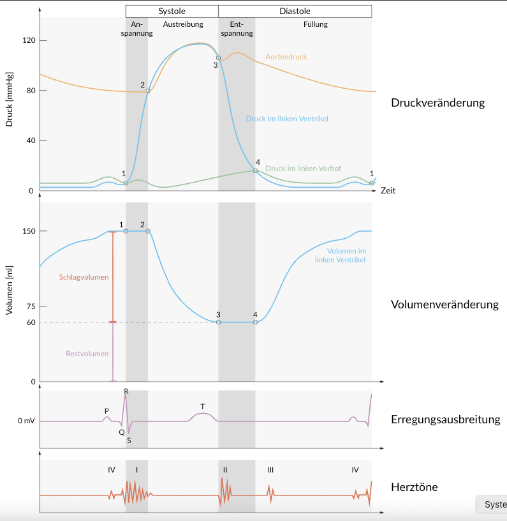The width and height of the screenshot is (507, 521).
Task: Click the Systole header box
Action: pyautogui.click(x=172, y=11)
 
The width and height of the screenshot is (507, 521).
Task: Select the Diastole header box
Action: pyautogui.click(x=295, y=11)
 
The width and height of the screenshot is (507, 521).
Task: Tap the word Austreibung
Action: pyautogui.click(x=183, y=25)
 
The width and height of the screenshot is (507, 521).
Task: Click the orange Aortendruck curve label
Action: pyautogui.click(x=286, y=57)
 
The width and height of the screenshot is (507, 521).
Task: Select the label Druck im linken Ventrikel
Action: pyautogui.click(x=287, y=119)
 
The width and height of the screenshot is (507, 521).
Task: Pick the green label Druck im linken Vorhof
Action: pyautogui.click(x=303, y=169)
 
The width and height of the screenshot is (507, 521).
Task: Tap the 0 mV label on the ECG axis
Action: pyautogui.click(x=26, y=421)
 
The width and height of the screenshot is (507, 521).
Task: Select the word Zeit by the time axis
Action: pyautogui.click(x=388, y=191)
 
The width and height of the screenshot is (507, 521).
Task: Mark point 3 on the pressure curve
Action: pyautogui.click(x=218, y=58)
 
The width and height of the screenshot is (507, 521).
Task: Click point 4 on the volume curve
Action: pyautogui.click(x=255, y=322)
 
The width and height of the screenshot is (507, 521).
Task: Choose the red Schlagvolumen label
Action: pyautogui.click(x=84, y=277)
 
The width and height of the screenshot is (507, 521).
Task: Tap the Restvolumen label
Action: pyautogui.click(x=87, y=354)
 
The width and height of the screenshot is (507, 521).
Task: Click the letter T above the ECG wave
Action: pyautogui.click(x=202, y=406)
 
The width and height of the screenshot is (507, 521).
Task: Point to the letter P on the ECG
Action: pyautogui.click(x=107, y=411)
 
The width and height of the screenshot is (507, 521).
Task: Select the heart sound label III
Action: pyautogui.click(x=270, y=470)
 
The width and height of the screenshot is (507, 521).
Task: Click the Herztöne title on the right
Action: pyautogui.click(x=414, y=488)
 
